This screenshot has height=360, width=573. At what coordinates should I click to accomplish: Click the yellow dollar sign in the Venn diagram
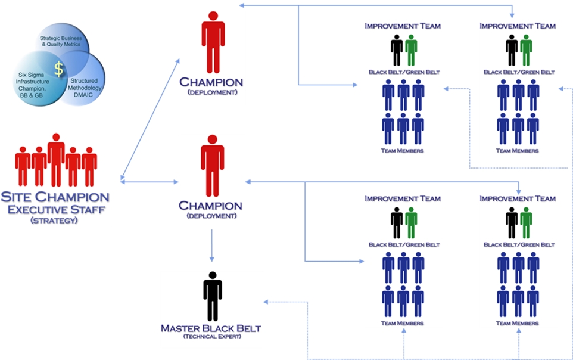58,69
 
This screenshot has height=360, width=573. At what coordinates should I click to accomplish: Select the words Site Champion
55,197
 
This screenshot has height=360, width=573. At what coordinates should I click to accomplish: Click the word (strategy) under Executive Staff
55,221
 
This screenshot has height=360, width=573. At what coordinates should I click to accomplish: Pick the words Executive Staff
55,209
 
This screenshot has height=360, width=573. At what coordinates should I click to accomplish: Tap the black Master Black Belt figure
212,296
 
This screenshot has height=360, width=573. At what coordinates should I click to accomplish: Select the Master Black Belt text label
211,328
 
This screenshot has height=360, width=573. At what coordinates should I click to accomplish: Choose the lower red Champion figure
212,165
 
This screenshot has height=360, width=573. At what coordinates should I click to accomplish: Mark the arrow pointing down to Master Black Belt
211,245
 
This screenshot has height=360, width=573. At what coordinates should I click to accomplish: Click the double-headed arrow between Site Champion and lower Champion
150,180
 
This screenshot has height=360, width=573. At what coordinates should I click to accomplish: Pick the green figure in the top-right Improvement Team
525,51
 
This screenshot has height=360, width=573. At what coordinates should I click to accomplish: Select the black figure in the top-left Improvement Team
397,51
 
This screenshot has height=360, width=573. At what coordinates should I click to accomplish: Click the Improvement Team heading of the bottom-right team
517,198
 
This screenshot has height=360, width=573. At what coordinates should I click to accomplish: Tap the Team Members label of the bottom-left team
402,323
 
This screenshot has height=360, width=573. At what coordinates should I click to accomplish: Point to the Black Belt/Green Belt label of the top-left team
404,72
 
